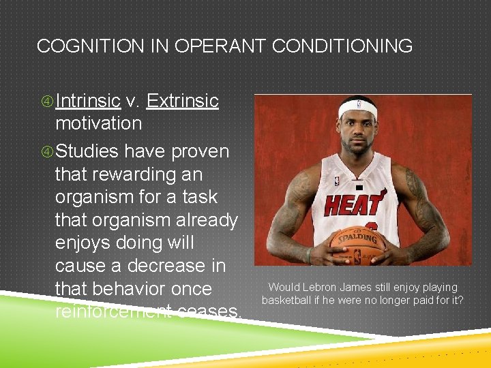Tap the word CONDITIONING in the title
342,46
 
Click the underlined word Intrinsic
88,101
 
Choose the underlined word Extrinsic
182,101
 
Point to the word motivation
98,123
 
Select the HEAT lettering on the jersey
354,204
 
